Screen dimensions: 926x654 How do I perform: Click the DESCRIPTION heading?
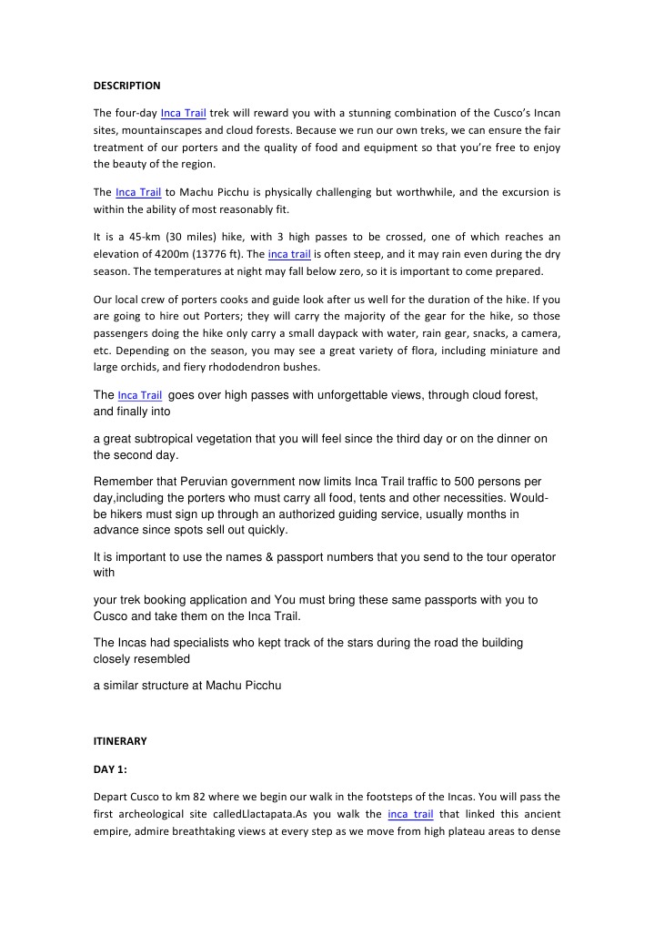(126, 86)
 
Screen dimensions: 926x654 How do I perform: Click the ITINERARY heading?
(119, 741)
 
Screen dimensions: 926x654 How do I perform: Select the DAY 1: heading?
(110, 769)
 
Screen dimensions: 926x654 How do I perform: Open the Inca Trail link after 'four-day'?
(183, 114)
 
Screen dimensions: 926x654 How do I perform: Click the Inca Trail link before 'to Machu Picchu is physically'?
(138, 193)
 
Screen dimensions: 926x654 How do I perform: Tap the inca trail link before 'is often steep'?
(290, 254)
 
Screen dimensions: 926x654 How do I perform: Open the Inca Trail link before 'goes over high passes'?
(140, 396)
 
